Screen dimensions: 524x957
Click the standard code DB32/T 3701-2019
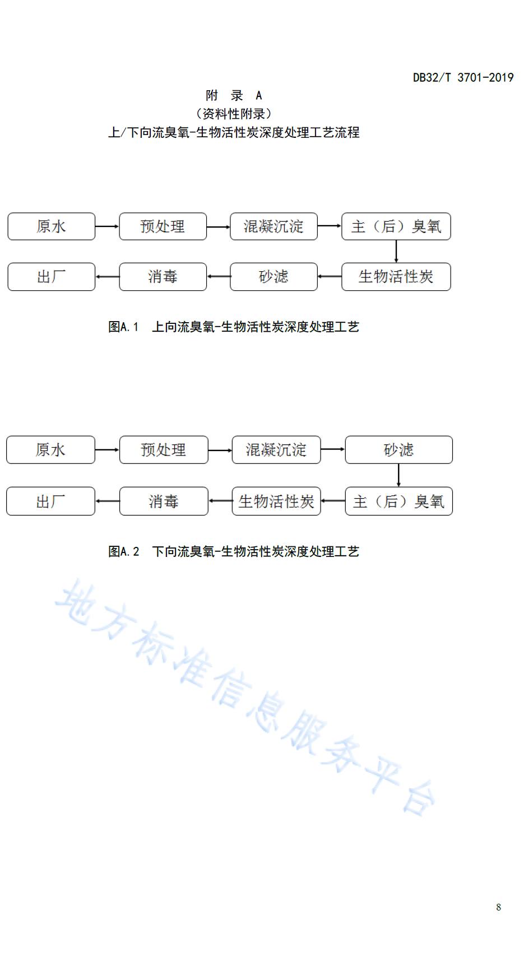click(x=463, y=77)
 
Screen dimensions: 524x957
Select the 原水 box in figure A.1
click(x=52, y=226)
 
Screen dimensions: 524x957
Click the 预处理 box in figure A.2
click(x=164, y=450)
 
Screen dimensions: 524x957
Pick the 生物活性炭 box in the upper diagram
click(x=396, y=277)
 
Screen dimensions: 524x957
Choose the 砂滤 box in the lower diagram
click(x=399, y=450)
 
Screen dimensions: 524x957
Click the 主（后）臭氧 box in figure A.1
click(x=396, y=226)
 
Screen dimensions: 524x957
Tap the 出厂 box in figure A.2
click(x=51, y=501)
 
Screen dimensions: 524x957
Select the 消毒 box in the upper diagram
click(x=163, y=277)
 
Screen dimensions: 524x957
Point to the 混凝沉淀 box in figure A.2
click(x=276, y=450)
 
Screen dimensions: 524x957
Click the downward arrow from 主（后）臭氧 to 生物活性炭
click(x=396, y=252)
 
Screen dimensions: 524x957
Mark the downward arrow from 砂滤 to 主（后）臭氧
click(x=399, y=476)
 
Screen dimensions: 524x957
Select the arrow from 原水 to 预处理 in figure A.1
click(x=107, y=226)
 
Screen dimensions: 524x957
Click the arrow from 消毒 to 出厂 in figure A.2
click(x=107, y=501)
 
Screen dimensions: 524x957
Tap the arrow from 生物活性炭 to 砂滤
click(x=330, y=277)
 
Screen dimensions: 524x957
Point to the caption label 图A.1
click(x=123, y=327)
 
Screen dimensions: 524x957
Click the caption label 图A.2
click(x=123, y=551)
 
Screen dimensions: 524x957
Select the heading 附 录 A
click(x=233, y=95)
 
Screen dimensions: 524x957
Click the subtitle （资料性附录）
click(x=233, y=114)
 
